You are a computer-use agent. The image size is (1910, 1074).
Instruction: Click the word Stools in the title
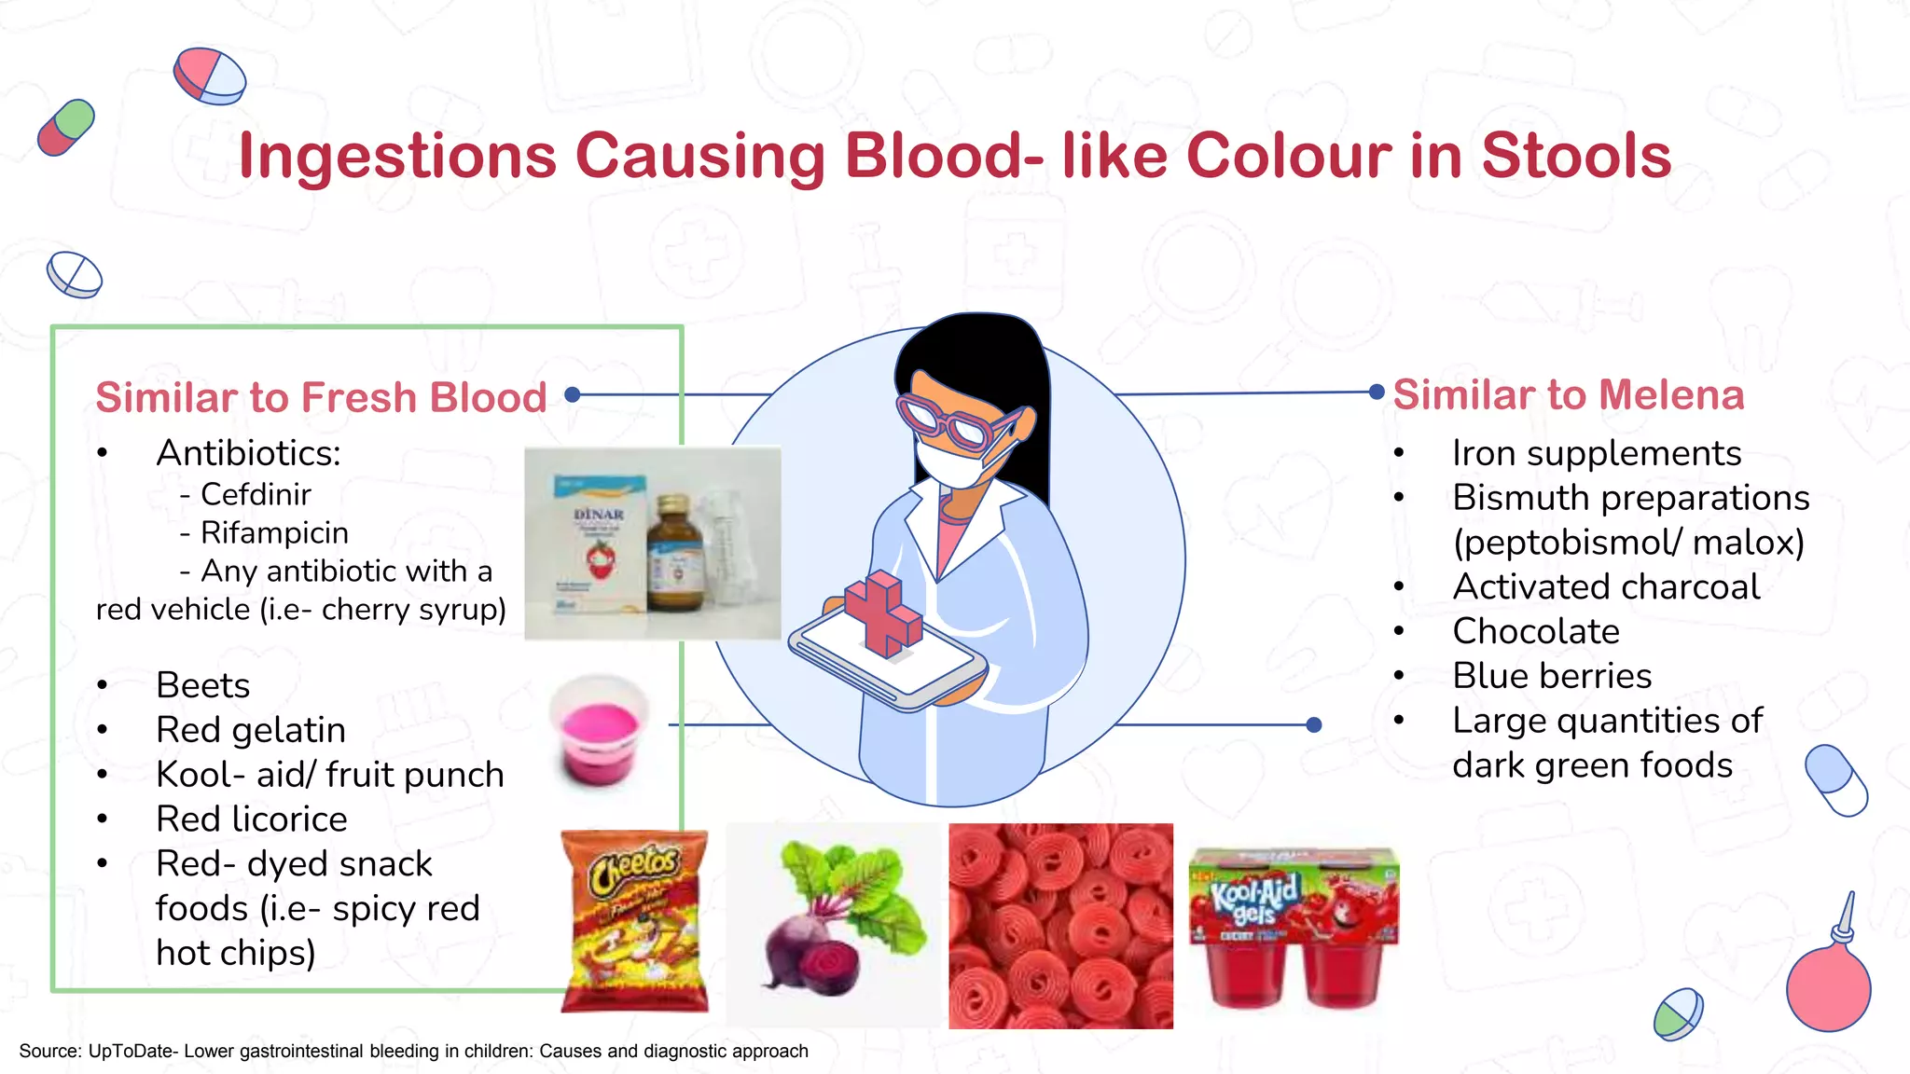[1575, 156]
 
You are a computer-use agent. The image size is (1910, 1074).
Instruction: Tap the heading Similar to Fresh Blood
[321, 397]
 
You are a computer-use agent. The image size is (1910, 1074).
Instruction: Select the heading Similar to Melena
[1568, 394]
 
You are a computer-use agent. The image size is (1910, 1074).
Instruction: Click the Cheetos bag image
[634, 921]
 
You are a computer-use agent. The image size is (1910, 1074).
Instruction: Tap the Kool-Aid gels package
[1294, 926]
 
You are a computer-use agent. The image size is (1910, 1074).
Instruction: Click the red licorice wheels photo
[1060, 926]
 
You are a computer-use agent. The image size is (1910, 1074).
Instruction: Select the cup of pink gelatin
[599, 732]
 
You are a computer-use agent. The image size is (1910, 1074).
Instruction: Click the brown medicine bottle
[678, 557]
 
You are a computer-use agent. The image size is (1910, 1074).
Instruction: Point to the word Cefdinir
[256, 494]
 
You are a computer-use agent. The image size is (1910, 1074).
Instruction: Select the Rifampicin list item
[274, 532]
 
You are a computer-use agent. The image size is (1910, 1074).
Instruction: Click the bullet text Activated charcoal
[1606, 586]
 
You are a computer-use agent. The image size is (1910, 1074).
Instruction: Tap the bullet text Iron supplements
[1596, 453]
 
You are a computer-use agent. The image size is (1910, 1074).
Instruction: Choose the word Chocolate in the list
[1535, 631]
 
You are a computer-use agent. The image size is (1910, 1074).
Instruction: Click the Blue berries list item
[1551, 676]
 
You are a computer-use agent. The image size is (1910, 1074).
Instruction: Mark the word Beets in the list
[202, 685]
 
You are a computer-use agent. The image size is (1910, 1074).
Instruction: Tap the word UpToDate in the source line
[131, 1051]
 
